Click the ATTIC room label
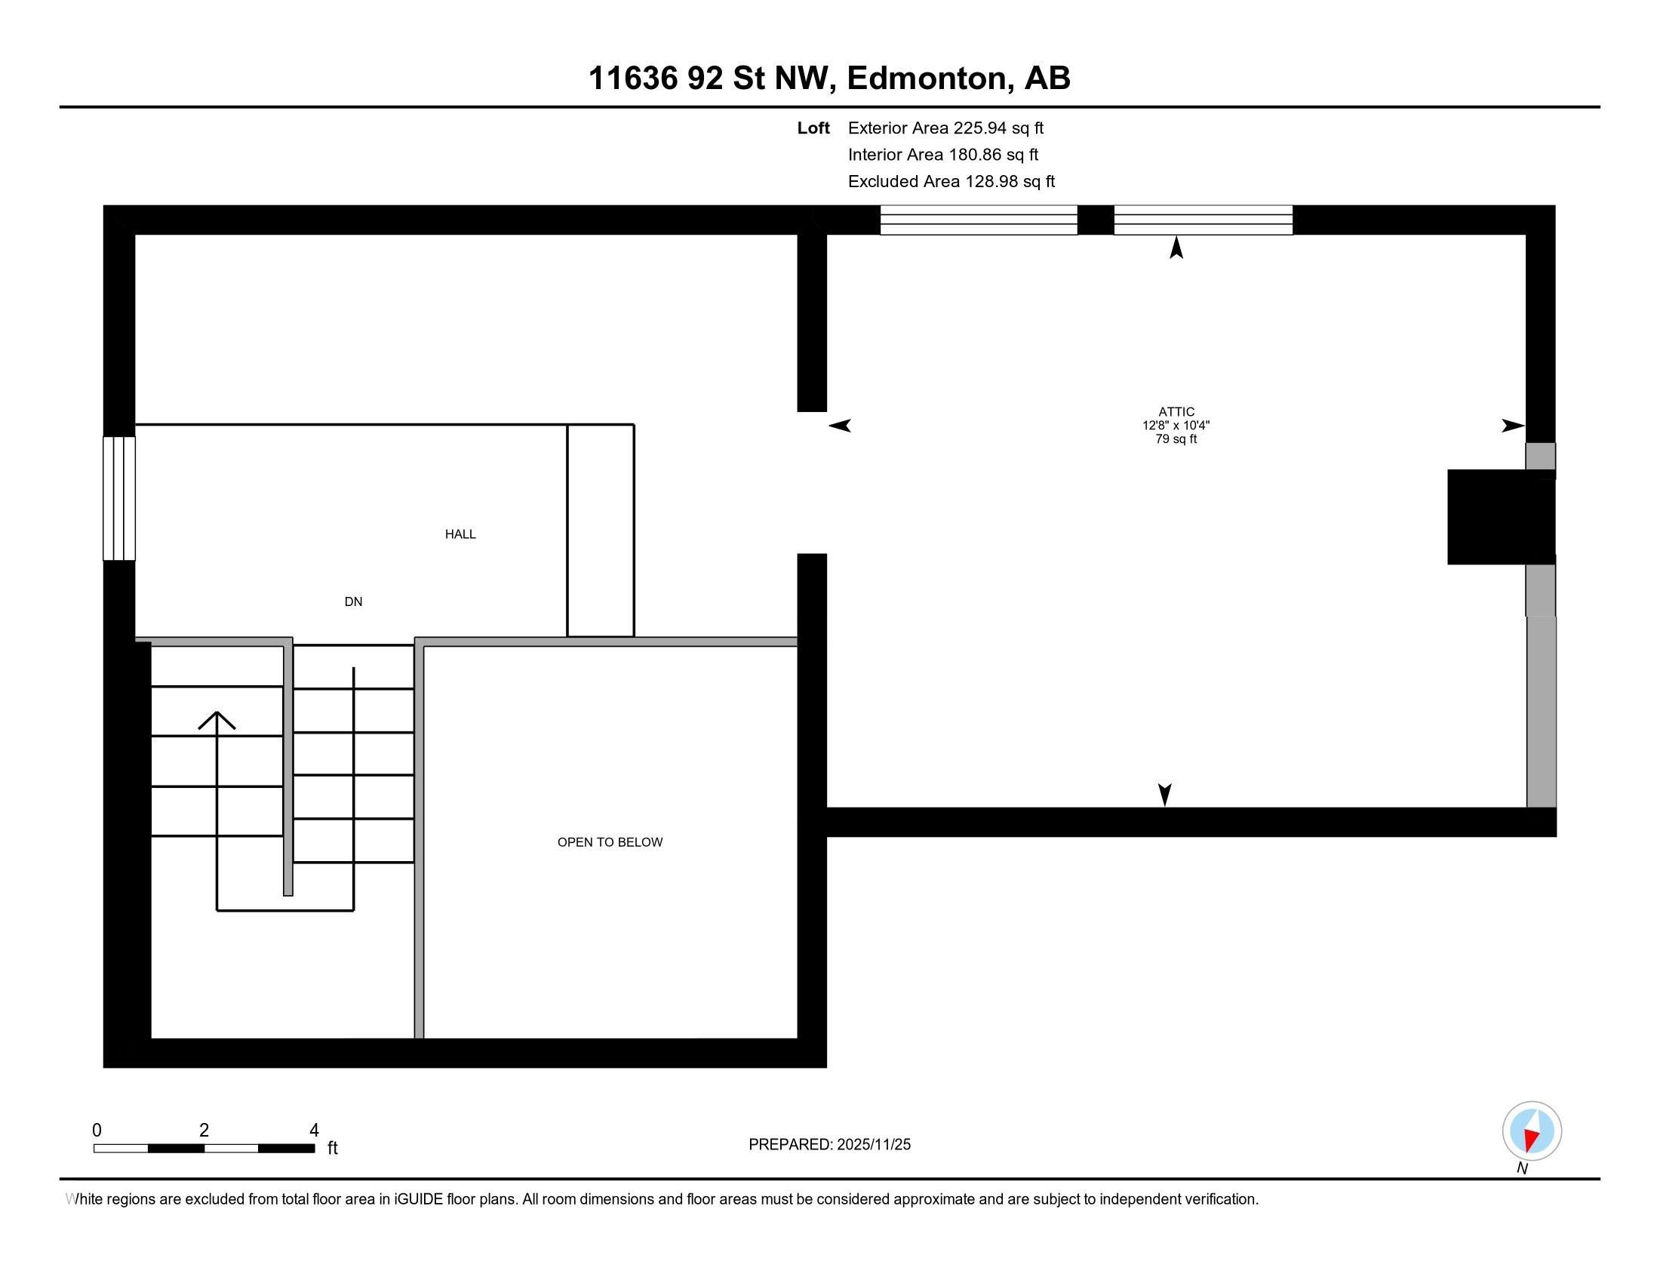pos(1176,412)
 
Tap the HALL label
pos(460,534)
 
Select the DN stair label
pos(352,602)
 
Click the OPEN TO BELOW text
pos(610,842)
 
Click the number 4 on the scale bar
pos(314,1131)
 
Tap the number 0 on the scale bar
pos(97,1131)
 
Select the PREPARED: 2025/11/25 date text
pos(829,1145)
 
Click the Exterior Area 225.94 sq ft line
pos(945,128)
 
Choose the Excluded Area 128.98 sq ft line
pos(951,182)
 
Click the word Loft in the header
pos(813,128)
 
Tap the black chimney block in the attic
pos(1499,517)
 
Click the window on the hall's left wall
pos(119,498)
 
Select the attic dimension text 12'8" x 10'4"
pos(1176,426)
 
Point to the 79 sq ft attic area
pos(1176,439)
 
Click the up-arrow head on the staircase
pos(217,719)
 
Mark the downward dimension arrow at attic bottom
pos(1164,794)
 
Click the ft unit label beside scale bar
pos(332,1148)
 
